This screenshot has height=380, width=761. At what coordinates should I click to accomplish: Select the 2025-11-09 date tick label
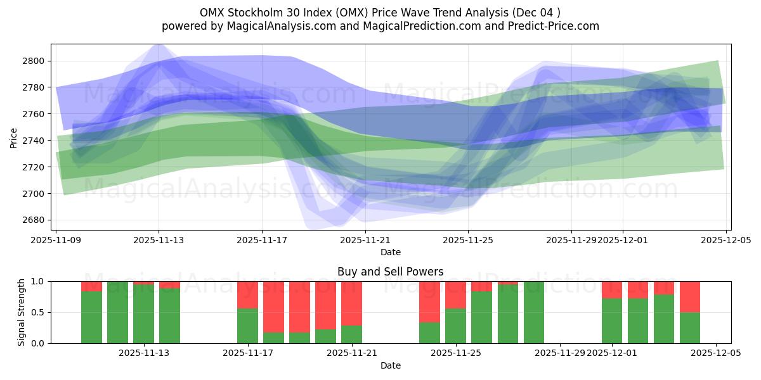tap(56, 241)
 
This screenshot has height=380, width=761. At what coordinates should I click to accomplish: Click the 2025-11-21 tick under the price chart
tap(365, 241)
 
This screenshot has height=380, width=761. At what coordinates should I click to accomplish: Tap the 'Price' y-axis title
tap(14, 137)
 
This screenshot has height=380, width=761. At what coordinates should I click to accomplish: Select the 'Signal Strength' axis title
tap(21, 312)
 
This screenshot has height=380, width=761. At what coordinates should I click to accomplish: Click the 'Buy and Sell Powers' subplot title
tap(390, 272)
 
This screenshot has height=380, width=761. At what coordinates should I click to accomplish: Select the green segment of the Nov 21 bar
tap(351, 334)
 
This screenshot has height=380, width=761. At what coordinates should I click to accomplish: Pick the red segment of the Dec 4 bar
tap(690, 296)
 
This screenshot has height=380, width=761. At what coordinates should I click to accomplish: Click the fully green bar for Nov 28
tap(534, 312)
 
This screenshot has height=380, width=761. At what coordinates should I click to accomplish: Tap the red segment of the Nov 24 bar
tap(429, 301)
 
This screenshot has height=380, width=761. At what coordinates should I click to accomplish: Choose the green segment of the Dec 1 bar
tap(612, 321)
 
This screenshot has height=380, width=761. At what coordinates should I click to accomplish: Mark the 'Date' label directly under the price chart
tap(390, 252)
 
